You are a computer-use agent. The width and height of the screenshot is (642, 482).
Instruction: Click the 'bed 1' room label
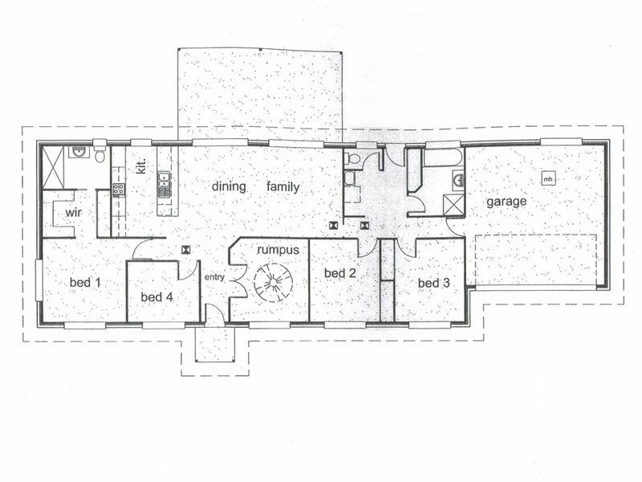85,282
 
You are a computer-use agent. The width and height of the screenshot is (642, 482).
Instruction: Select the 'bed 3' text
433,283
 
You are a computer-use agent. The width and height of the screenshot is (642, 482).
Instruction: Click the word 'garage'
507,202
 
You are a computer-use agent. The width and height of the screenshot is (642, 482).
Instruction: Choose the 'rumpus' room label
278,250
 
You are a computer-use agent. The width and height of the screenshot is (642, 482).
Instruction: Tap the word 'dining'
227,187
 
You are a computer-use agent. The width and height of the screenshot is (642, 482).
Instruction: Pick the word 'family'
283,187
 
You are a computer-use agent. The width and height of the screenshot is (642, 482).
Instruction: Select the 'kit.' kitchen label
140,168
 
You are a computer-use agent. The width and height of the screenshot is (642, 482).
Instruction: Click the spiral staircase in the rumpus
270,284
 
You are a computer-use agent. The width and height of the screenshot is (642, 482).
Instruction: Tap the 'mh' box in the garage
547,178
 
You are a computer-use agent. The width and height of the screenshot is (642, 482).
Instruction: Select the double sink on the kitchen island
164,185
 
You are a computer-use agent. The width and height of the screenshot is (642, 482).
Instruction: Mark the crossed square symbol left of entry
186,250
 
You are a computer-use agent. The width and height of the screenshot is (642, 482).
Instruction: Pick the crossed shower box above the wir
53,167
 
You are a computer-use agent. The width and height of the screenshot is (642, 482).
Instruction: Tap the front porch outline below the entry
213,345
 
